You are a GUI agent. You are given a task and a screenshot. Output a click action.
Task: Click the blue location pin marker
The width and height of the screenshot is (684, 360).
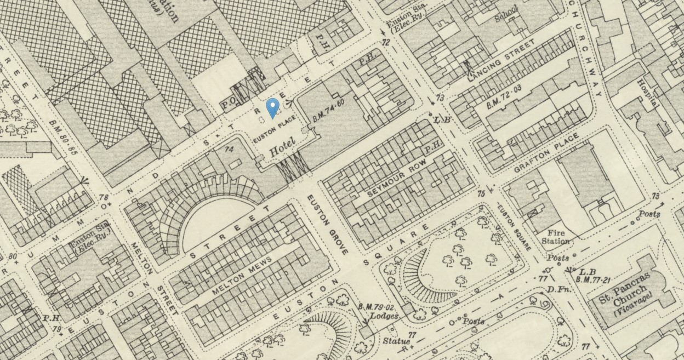[272, 107]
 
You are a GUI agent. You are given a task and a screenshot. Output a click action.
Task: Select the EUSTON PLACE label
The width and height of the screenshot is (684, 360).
[275, 130]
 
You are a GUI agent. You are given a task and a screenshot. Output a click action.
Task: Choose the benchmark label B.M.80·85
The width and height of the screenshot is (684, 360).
[61, 138]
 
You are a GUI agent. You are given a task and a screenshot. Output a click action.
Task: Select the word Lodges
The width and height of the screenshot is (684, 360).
[384, 316]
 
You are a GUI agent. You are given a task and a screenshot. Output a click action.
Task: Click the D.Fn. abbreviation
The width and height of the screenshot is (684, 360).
[557, 289]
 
